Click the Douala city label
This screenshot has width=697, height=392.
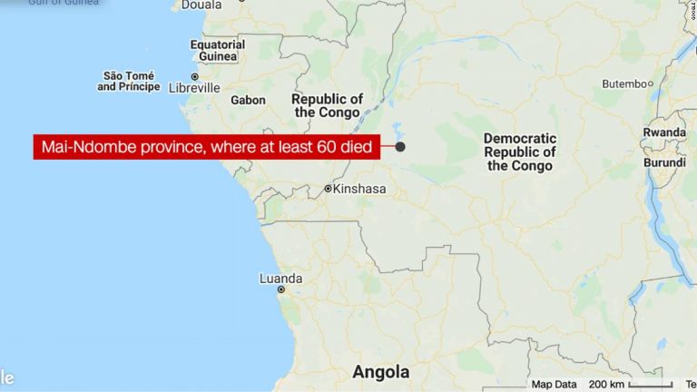[x=201, y=5]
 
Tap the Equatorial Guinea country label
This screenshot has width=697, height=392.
[x=218, y=51]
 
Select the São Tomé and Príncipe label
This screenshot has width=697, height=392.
[x=128, y=81]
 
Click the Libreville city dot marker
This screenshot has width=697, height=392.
[x=194, y=77]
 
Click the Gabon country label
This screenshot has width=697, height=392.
[x=248, y=100]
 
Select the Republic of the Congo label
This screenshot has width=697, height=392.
[x=328, y=105]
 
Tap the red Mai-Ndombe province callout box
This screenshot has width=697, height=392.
[x=208, y=147]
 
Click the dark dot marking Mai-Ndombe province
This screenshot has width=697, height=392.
[x=399, y=146]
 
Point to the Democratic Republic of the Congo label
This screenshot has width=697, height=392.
[x=519, y=152]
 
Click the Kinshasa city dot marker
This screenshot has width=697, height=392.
[x=329, y=189]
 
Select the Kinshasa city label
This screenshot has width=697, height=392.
[x=359, y=189]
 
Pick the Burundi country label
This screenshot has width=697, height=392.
[x=664, y=163]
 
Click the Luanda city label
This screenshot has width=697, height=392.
[x=280, y=278]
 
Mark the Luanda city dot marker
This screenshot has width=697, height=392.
[x=281, y=289]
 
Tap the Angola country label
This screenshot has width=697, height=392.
[x=380, y=372]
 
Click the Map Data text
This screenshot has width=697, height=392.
[x=554, y=384]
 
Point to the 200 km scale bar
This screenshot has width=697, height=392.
[x=640, y=385]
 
